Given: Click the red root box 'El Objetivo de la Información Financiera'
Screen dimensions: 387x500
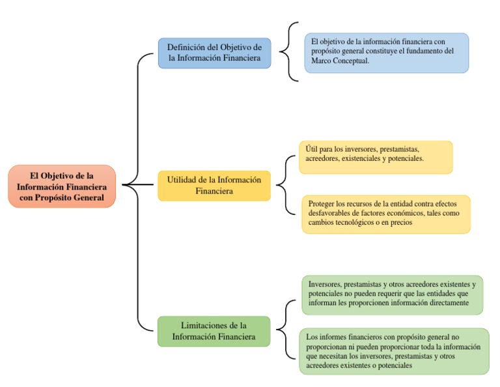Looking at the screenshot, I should (x=62, y=186).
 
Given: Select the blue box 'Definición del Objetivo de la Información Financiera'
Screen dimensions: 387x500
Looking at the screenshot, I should (x=214, y=53).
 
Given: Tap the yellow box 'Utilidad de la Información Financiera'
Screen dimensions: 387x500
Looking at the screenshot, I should (x=214, y=186).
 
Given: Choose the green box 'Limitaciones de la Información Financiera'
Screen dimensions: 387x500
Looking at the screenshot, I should (x=214, y=331).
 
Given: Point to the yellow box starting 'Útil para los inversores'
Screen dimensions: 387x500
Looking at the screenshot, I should (x=376, y=157).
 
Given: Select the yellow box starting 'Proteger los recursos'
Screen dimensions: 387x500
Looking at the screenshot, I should (x=385, y=214).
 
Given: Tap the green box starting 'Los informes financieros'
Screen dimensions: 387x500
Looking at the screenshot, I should (x=393, y=351).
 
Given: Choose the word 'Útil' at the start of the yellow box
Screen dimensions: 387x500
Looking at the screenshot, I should (x=312, y=149).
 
